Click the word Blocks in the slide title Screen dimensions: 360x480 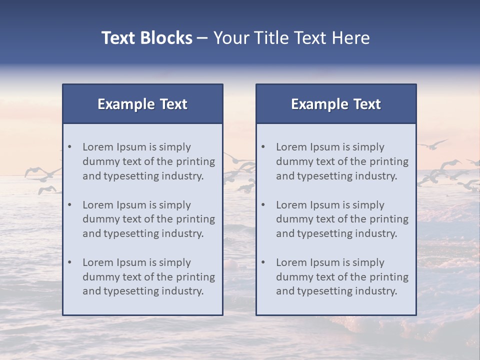(167, 38)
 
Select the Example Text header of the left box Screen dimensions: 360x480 (142, 104)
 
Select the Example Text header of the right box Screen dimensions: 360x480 (336, 104)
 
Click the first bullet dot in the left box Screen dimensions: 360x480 (70, 147)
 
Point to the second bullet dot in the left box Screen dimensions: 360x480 (70, 205)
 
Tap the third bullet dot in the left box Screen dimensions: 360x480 (70, 262)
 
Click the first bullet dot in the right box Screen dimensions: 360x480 (263, 147)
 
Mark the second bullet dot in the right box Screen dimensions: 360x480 (263, 205)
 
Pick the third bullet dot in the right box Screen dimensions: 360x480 (263, 262)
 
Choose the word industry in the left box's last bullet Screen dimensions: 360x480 (182, 291)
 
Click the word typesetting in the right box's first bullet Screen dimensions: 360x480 (326, 176)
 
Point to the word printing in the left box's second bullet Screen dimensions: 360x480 (196, 219)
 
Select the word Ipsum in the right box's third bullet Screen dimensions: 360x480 (324, 262)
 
